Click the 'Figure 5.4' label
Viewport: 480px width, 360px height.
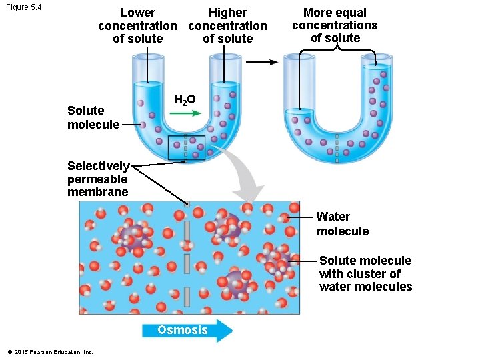point(23,7)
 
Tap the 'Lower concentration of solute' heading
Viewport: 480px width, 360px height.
point(137,25)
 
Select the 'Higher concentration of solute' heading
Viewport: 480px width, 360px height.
point(227,25)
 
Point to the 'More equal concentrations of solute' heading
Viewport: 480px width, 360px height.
point(335,25)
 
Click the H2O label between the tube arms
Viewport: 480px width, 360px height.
point(184,100)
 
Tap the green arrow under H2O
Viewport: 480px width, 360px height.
point(185,113)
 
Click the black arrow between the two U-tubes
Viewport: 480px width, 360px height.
point(265,63)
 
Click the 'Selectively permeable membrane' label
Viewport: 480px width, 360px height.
point(98,179)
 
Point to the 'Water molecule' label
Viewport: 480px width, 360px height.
point(342,224)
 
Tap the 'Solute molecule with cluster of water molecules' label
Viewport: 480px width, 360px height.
point(365,273)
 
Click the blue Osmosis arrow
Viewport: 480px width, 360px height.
point(187,330)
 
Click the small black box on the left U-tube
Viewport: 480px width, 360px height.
point(187,147)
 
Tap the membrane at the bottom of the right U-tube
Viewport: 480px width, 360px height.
point(337,148)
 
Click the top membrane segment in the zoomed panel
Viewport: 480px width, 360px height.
point(187,231)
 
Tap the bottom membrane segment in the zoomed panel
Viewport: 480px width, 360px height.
point(187,295)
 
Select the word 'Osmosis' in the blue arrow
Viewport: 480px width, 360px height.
point(182,330)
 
